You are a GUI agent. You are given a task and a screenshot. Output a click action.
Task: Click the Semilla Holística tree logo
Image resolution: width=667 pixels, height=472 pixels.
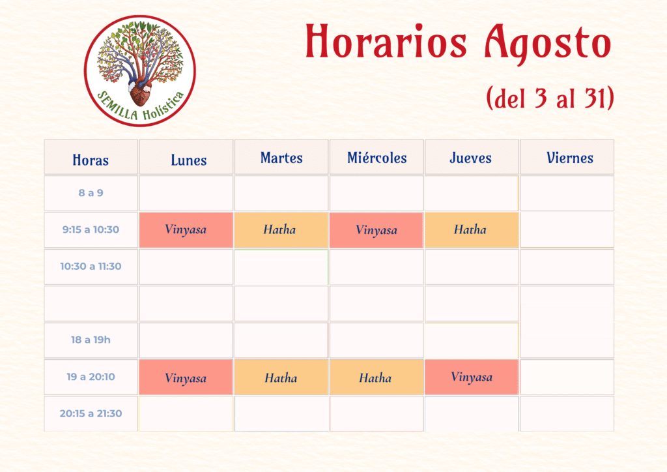click(140, 71)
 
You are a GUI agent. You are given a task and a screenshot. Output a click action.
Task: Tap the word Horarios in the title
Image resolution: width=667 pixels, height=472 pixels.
click(386, 41)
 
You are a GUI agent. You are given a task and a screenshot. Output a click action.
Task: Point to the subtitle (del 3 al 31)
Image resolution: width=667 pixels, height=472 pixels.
click(550, 98)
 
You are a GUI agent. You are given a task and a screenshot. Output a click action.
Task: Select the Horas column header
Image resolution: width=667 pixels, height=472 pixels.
click(91, 160)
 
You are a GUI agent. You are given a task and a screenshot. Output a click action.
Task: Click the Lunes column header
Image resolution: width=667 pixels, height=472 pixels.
click(188, 160)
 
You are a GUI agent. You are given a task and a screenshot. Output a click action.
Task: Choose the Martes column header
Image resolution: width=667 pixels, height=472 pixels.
click(281, 158)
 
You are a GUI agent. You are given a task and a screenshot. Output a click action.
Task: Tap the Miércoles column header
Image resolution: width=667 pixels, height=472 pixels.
click(377, 158)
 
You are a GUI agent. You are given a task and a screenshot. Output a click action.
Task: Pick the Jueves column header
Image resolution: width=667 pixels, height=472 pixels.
click(470, 158)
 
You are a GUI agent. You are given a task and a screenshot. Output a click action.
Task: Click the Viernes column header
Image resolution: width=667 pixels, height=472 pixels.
click(569, 158)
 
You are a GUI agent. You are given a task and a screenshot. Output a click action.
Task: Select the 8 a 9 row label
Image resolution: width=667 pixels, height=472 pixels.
click(91, 193)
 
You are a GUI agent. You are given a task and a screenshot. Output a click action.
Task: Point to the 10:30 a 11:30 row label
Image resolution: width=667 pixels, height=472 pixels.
click(91, 267)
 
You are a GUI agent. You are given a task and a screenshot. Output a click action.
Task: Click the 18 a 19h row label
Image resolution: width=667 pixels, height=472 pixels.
click(91, 340)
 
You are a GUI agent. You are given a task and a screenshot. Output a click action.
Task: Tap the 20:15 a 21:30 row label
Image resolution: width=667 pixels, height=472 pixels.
click(91, 413)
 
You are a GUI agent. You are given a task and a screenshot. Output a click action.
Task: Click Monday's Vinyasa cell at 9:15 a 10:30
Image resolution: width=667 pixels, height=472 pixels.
click(186, 230)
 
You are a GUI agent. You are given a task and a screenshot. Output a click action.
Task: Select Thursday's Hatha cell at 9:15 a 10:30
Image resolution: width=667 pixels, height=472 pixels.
click(472, 230)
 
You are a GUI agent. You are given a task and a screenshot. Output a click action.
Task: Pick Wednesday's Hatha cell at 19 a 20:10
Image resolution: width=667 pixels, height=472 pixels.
click(376, 377)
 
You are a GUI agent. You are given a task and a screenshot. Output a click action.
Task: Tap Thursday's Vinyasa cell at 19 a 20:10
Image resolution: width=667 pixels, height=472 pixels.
click(472, 377)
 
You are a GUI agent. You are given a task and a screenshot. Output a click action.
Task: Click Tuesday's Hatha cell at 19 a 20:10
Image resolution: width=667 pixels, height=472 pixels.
click(281, 377)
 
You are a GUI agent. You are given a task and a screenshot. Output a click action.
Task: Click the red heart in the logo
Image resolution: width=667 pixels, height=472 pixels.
click(141, 93)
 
